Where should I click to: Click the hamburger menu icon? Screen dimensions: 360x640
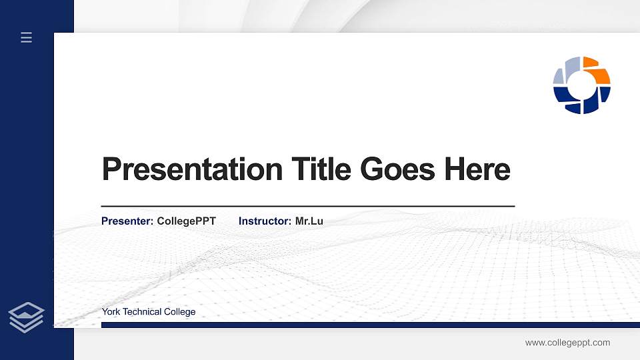27,37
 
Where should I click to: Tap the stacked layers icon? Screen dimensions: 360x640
27,317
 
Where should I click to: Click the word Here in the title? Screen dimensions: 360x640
477,169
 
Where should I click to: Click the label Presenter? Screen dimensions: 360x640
127,221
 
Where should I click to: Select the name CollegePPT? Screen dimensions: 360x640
186,221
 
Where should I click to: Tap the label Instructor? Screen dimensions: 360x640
265,221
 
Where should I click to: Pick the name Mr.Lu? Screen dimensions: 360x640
309,221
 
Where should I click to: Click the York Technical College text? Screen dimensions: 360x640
149,312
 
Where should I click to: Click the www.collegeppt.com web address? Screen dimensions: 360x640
567,343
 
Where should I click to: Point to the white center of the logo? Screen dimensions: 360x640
582,85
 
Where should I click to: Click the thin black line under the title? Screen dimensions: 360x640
307,207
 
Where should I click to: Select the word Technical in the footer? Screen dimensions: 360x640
145,312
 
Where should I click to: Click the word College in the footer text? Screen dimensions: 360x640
180,312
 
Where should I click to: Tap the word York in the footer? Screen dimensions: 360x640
111,312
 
